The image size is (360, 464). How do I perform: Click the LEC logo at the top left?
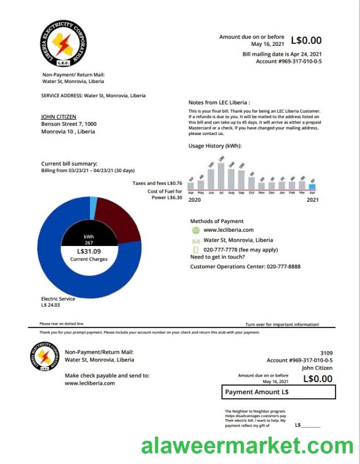[64, 45]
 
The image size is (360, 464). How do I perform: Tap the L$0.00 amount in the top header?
[306, 40]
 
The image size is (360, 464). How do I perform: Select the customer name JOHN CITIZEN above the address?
[58, 116]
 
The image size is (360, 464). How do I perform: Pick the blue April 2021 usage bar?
[312, 186]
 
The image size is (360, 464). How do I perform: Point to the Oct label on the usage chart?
[252, 193]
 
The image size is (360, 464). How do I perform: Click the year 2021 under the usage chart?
[312, 201]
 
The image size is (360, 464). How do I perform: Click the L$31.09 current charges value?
[88, 251]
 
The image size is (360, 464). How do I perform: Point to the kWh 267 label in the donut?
[88, 239]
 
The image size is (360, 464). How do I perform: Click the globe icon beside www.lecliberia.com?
[196, 231]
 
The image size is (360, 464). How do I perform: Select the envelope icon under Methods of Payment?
[196, 240]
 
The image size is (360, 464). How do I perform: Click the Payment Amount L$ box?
[280, 392]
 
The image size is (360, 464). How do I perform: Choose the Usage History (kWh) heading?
[215, 146]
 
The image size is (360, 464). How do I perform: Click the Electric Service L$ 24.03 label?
[58, 302]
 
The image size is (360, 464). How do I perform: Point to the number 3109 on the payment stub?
[326, 353]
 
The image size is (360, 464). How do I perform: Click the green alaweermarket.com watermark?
[247, 446]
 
